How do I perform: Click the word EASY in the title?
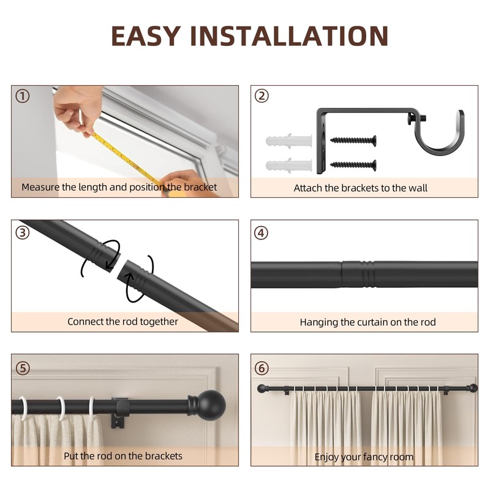[x=146, y=36]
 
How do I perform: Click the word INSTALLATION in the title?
[x=289, y=36]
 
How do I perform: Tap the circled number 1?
[x=23, y=96]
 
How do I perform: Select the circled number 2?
[x=262, y=96]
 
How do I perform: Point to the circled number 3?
[x=23, y=233]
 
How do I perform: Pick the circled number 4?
[x=261, y=233]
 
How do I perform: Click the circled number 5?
[x=23, y=368]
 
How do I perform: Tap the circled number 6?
[x=262, y=368]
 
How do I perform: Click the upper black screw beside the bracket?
[x=353, y=140]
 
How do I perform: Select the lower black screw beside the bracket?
[x=353, y=165]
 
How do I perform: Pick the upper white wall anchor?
[x=288, y=141]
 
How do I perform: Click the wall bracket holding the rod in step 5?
[x=120, y=412]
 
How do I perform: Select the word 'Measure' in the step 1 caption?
[x=40, y=187]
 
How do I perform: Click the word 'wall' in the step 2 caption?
[x=418, y=188]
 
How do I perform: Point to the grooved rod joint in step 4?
[x=358, y=274]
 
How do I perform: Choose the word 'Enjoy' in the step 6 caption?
[x=326, y=457]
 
